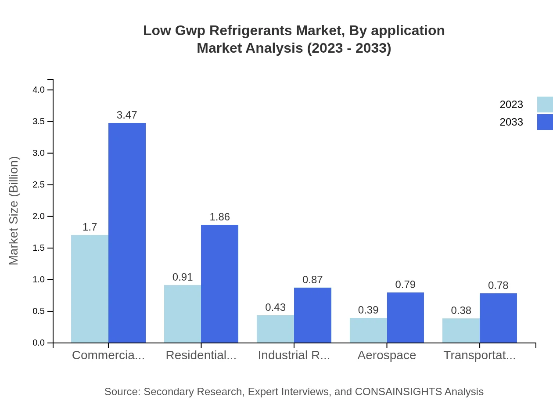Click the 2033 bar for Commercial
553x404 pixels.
[127, 233]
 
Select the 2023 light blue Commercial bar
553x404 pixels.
[90, 289]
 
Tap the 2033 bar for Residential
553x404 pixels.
[219, 284]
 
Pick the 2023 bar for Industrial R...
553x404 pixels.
[275, 329]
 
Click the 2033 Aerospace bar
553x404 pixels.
[405, 317]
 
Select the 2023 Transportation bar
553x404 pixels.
[461, 330]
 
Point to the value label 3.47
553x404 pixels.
[127, 115]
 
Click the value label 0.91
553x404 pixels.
[183, 277]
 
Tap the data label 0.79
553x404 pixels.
[405, 285]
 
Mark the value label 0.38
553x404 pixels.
[461, 310]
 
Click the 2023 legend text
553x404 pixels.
[511, 105]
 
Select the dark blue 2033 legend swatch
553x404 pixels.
[545, 122]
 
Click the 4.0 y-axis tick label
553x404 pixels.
[39, 90]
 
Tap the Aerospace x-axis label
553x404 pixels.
[387, 355]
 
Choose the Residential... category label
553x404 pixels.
[201, 355]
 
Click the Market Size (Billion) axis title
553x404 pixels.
[14, 211]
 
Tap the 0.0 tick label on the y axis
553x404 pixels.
[39, 343]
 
